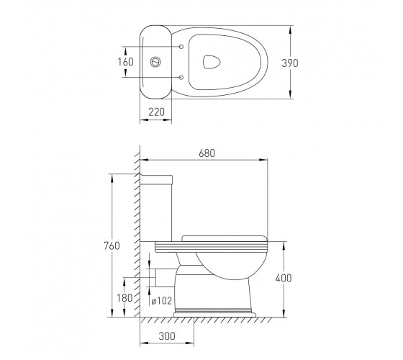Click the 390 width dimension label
[x=289, y=63]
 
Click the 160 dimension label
[x=125, y=62]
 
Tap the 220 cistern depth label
[x=156, y=112]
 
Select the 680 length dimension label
[x=207, y=153]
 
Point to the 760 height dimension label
[x=112, y=246]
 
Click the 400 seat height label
[x=284, y=278]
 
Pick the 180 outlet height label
[x=125, y=298]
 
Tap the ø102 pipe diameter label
[x=161, y=301]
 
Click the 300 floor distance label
[x=167, y=336]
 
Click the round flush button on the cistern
[x=155, y=62]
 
